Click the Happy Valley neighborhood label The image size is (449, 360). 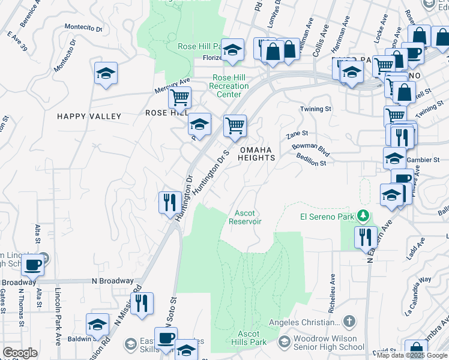89,116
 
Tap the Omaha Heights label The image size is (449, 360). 257,154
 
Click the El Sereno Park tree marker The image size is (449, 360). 362,215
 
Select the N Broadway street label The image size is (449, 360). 112,281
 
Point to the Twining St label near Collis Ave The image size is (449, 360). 316,109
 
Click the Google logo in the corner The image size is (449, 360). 20,353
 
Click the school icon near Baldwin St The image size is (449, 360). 97,324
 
